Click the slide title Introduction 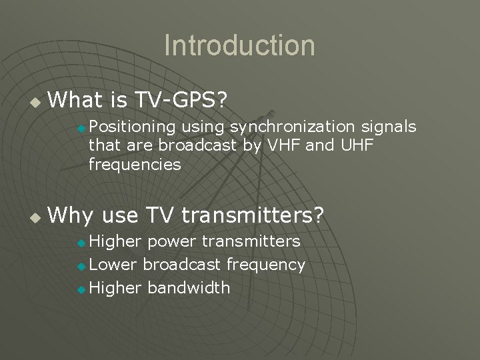click(239, 46)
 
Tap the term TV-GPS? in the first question click(181, 101)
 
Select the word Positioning click(132, 127)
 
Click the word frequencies click(135, 164)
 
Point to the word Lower click(113, 265)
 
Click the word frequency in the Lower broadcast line click(265, 265)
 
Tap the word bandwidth click(189, 288)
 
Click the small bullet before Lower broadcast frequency click(81, 266)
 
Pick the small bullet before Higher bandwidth click(81, 289)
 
